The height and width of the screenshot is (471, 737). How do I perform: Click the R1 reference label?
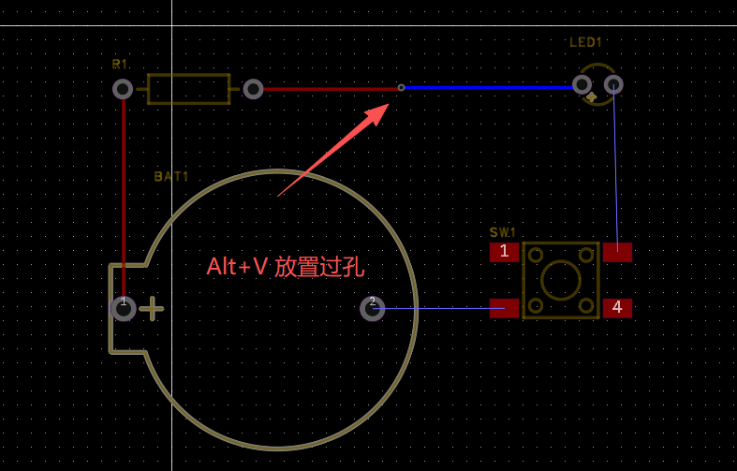click(x=119, y=65)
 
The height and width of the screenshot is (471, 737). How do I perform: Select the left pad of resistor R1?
click(x=123, y=89)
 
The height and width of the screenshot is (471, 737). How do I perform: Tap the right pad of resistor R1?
click(x=253, y=89)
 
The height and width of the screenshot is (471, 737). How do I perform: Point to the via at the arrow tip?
click(x=401, y=88)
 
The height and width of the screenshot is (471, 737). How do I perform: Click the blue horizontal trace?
click(x=487, y=87)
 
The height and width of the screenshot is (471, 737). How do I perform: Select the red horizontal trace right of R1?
click(x=328, y=89)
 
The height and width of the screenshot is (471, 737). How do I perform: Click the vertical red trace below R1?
click(x=123, y=187)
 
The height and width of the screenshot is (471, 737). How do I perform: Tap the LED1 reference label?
click(x=586, y=42)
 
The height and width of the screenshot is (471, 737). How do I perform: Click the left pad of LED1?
click(x=582, y=85)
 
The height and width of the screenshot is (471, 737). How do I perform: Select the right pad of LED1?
click(x=613, y=85)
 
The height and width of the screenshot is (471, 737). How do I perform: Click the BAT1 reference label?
click(x=171, y=176)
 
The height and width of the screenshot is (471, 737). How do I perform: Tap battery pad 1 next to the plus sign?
click(x=123, y=308)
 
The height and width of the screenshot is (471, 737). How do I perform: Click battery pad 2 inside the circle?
click(x=373, y=308)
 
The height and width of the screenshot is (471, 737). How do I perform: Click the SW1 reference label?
click(x=503, y=232)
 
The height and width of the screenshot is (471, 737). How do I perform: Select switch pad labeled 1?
click(x=504, y=251)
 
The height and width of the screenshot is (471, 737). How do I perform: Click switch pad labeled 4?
click(x=617, y=307)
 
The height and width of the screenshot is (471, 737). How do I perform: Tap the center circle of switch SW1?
click(x=561, y=280)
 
